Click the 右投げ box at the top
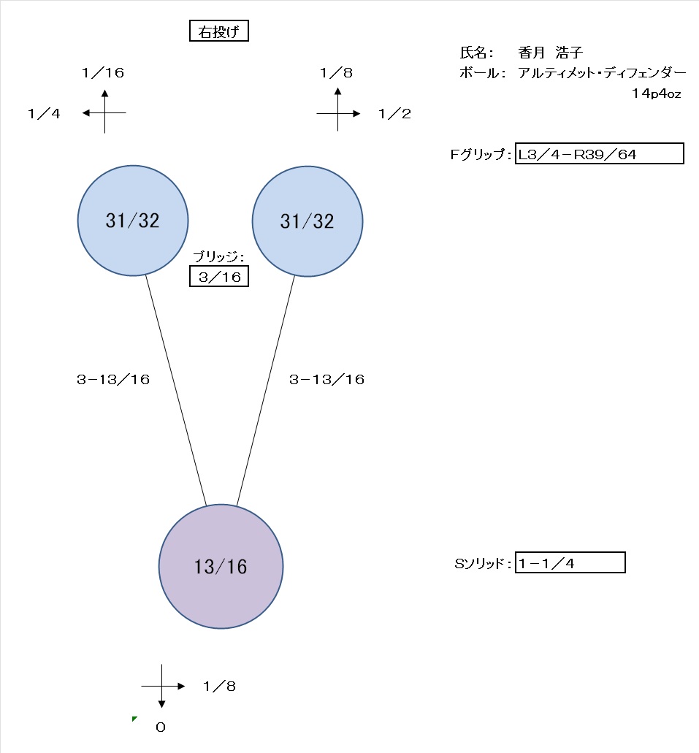[x=218, y=31]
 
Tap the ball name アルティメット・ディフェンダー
[x=601, y=73]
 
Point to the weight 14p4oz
[x=657, y=93]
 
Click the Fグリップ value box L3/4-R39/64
[x=599, y=153]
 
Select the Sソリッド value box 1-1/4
[x=570, y=562]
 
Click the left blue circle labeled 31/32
[x=133, y=221]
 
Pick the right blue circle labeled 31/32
[x=307, y=221]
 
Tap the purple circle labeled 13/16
[x=221, y=566]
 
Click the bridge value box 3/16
[x=218, y=277]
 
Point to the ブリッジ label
[x=218, y=256]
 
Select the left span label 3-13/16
[x=113, y=379]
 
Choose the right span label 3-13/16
[x=326, y=379]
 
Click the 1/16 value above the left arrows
[x=104, y=72]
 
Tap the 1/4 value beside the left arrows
[x=44, y=113]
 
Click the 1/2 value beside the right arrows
[x=394, y=113]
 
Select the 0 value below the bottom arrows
[x=161, y=727]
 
